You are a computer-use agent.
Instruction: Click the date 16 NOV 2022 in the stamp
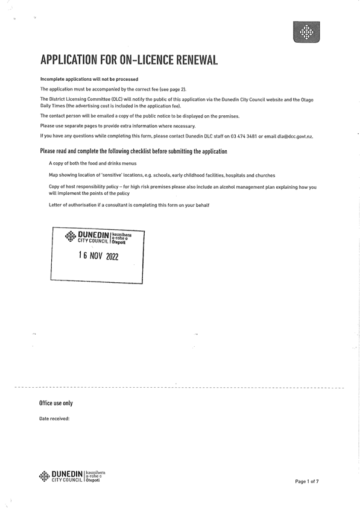98,256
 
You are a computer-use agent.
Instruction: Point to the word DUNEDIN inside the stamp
94,234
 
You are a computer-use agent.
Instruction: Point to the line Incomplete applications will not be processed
89,79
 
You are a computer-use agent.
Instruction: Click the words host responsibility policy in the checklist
89,187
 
